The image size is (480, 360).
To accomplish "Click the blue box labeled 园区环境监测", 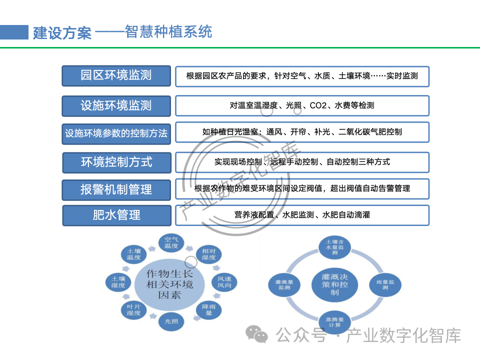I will pos(116,75).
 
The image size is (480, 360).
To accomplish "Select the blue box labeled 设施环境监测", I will pos(116,105).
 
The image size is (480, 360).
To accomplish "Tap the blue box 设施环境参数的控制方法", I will pos(116,133).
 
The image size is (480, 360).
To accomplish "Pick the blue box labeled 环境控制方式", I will pos(116,162).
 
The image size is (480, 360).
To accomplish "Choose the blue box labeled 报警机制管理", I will pos(116,189).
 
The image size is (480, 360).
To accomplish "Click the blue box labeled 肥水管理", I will pos(116,215).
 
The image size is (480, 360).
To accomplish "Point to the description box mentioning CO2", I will pos(302,105).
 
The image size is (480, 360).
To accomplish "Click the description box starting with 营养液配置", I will pos(302,215).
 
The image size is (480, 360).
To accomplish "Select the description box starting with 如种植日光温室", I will pos(302,132).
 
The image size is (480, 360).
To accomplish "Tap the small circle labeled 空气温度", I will pos(171,243).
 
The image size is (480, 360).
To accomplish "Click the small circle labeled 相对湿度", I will pos(208,254).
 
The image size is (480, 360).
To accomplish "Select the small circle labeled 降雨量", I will pos(208,309).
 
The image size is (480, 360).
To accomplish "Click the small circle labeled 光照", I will pos(171,321).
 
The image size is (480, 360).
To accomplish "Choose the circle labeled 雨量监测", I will pos(385,285).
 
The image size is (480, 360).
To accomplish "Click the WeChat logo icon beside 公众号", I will pos(259,334).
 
